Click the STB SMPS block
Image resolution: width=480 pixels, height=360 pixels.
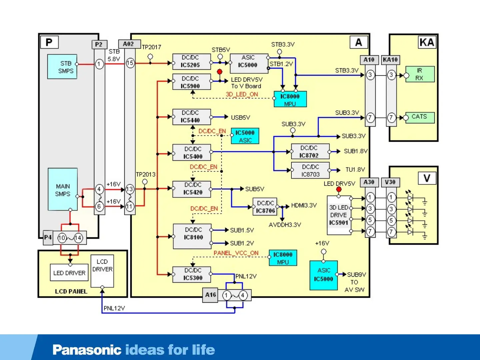(x=62, y=67)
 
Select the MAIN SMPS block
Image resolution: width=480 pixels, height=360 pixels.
(x=63, y=189)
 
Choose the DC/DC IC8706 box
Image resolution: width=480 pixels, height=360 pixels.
(x=265, y=207)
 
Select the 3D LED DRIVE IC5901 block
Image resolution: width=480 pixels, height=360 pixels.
(x=339, y=215)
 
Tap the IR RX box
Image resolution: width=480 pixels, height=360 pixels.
(x=420, y=74)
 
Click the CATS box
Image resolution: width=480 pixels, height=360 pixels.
(x=420, y=117)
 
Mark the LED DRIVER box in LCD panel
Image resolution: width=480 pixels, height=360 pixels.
(x=69, y=273)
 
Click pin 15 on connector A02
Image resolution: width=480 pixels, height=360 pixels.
(x=130, y=63)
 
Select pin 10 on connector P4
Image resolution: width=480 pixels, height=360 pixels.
(x=62, y=238)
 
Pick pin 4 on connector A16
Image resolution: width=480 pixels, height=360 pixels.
(x=243, y=295)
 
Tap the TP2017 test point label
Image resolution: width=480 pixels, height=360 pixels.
(x=152, y=47)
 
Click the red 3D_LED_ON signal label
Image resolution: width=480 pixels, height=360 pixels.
(x=242, y=94)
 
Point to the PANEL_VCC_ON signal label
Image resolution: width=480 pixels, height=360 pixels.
(x=236, y=253)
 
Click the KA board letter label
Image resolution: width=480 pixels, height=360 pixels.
(x=427, y=42)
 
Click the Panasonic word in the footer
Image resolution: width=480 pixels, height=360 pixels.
(x=87, y=350)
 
